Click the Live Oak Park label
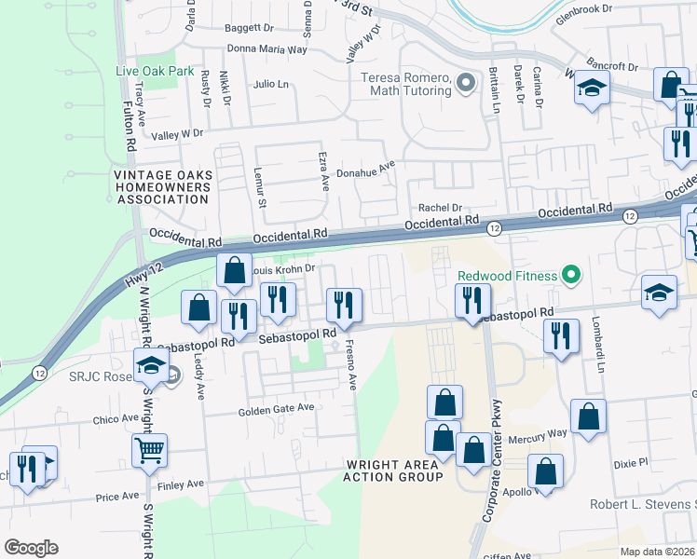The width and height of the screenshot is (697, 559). click(155, 71)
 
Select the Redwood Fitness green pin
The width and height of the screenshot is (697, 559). click(572, 276)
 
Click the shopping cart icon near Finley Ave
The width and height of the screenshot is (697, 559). click(149, 452)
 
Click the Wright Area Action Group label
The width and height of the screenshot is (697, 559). click(394, 470)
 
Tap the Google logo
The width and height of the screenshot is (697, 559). click(31, 548)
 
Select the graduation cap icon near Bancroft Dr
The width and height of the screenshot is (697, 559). click(590, 89)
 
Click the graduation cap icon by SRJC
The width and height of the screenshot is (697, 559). click(150, 365)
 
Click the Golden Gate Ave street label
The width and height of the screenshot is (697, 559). click(277, 411)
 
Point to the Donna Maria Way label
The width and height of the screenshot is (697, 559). click(266, 49)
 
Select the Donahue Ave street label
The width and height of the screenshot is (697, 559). click(366, 171)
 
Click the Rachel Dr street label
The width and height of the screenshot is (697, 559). click(441, 208)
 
